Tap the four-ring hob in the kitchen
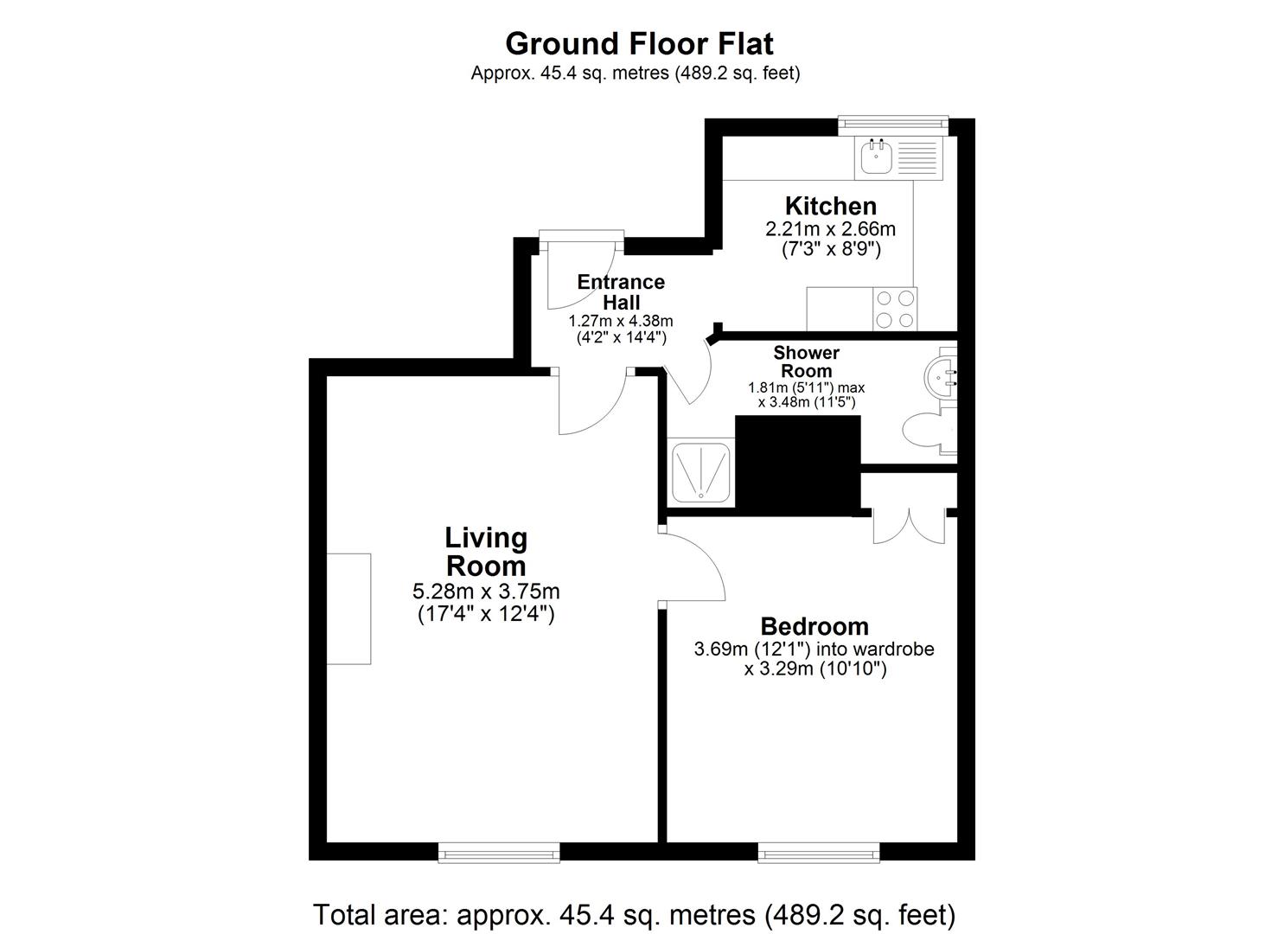click(x=895, y=309)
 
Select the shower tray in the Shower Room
click(x=701, y=472)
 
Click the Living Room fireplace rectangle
click(x=348, y=609)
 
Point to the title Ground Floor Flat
click(x=639, y=43)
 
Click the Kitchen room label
click(x=831, y=205)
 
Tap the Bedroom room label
click(x=814, y=626)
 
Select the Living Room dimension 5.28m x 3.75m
click(x=486, y=591)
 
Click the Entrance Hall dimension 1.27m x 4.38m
click(x=621, y=321)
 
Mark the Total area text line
click(x=634, y=915)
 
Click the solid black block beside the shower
click(x=798, y=464)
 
